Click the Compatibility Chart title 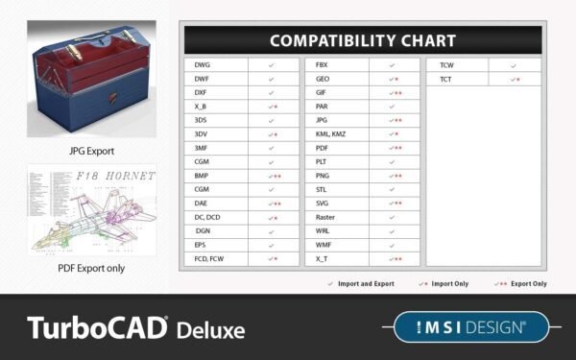click(x=362, y=40)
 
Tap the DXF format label click(x=201, y=93)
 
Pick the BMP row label click(x=202, y=177)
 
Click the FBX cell click(x=323, y=65)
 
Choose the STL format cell click(x=322, y=190)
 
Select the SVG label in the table click(x=323, y=204)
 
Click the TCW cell click(x=446, y=65)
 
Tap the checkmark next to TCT click(x=516, y=79)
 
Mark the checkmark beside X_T click(x=395, y=259)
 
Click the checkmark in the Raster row click(x=392, y=218)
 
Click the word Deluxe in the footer click(x=210, y=329)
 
